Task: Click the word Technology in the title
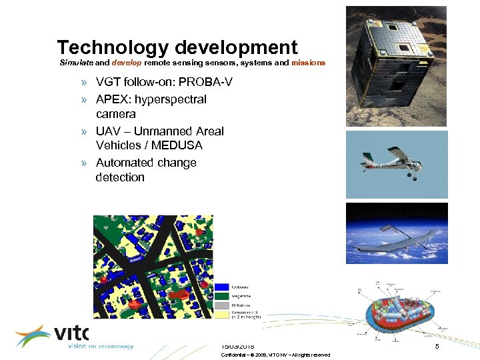[x=113, y=48]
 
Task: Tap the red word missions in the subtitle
[x=308, y=63]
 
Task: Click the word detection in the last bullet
[x=120, y=177]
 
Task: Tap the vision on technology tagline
[x=100, y=347]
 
